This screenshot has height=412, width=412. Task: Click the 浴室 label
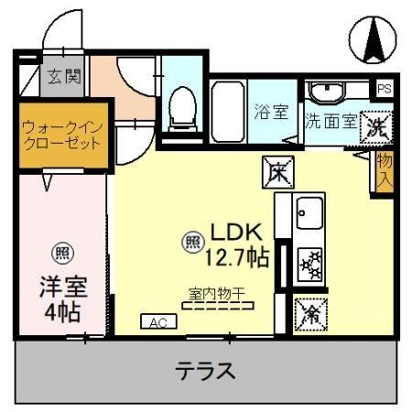coord(271,112)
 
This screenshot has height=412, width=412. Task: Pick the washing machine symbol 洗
coord(375,126)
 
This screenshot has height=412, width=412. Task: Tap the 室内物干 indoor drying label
coord(219,295)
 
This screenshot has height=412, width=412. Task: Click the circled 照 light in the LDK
coord(192,242)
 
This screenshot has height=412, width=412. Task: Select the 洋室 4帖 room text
coord(62,298)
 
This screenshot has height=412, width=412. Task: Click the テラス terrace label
coord(206,372)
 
